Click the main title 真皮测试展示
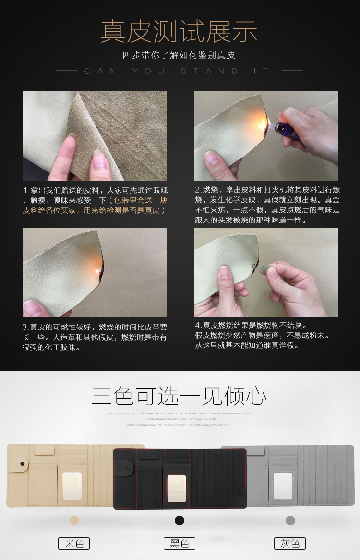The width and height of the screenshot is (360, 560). tap(179, 32)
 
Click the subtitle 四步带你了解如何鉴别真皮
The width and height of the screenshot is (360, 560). tap(179, 55)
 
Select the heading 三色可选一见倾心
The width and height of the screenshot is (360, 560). tap(180, 397)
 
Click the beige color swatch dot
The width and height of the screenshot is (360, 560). tap(74, 521)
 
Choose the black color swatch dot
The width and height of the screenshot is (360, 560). tap(180, 521)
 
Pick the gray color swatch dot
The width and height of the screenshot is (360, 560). tap(290, 521)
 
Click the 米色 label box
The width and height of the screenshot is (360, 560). tap(74, 543)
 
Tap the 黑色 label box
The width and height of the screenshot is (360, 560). tap(180, 543)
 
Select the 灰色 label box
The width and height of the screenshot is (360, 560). tap(290, 543)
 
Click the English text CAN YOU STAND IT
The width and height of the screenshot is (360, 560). tap(177, 71)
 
